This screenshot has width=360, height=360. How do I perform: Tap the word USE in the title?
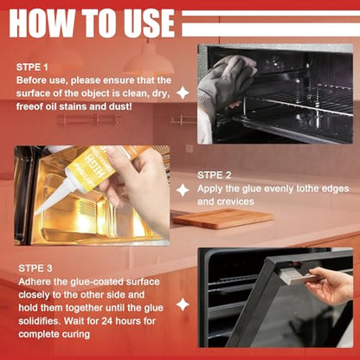[x=147, y=23]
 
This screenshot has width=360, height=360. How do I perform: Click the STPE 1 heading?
[x=32, y=67]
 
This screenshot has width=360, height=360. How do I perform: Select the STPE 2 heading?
[x=215, y=175]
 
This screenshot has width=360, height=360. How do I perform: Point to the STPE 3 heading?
[x=35, y=268]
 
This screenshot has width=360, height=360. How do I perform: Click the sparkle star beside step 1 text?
[x=183, y=93]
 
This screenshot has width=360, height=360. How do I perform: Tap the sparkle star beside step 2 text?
[x=183, y=190]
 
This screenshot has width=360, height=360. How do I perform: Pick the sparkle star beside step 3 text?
[x=183, y=305]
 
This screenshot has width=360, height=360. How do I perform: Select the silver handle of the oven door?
[x=301, y=275]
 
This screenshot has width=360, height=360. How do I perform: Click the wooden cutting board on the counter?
[x=222, y=218]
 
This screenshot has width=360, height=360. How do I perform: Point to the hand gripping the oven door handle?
[x=331, y=285]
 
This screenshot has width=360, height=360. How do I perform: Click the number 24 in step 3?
[x=106, y=321]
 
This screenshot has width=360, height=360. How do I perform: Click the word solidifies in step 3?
[x=40, y=321]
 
